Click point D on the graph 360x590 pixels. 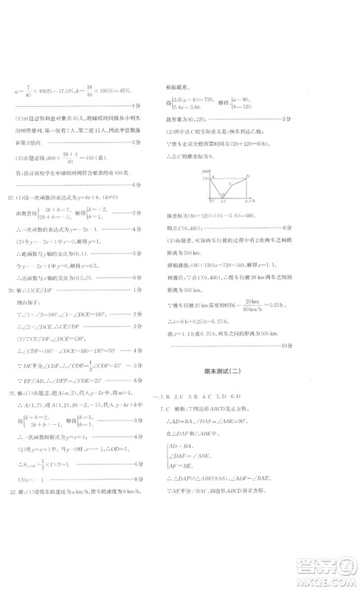(248, 176)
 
